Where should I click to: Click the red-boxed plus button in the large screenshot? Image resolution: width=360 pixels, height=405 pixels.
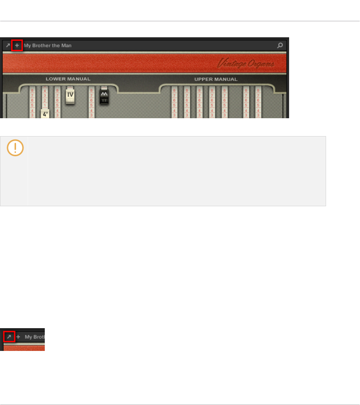17,45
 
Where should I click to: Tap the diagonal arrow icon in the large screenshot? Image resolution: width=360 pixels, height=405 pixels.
8,45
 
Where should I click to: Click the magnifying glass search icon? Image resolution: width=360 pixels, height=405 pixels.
280,45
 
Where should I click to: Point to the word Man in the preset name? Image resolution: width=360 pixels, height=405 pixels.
66,45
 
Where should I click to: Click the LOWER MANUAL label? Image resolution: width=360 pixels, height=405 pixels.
68,79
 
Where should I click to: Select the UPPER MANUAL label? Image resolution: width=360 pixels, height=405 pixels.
216,79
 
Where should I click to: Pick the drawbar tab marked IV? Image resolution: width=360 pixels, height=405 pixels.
71,95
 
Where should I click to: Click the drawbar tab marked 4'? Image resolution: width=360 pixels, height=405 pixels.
45,114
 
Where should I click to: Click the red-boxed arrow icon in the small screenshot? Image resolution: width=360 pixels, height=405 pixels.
9,337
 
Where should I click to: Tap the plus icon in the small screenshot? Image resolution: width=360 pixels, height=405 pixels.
18,337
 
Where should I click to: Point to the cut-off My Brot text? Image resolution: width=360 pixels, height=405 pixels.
34,337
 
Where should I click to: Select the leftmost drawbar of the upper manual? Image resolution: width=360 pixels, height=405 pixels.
174,103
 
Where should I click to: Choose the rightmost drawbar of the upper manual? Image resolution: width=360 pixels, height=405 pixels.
258,103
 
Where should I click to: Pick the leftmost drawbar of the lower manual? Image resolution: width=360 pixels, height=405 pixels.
32,103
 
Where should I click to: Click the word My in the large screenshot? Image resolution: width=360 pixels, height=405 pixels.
27,45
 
